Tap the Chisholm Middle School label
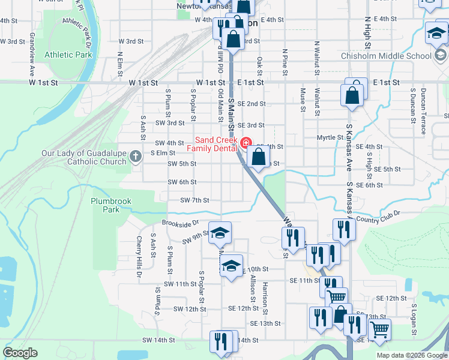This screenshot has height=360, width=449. pyautogui.click(x=386, y=56)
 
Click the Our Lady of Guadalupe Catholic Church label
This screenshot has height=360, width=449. pyautogui.click(x=84, y=157)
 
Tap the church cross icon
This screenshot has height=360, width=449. pyautogui.click(x=136, y=157)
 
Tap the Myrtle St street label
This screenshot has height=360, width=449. pyautogui.click(x=330, y=138)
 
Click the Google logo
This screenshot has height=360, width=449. pyautogui.click(x=20, y=353)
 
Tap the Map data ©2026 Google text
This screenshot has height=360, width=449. pyautogui.click(x=412, y=355)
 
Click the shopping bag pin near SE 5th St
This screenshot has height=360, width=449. pyautogui.click(x=258, y=158)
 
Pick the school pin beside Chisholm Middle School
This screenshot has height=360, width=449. pyautogui.click(x=436, y=33)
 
